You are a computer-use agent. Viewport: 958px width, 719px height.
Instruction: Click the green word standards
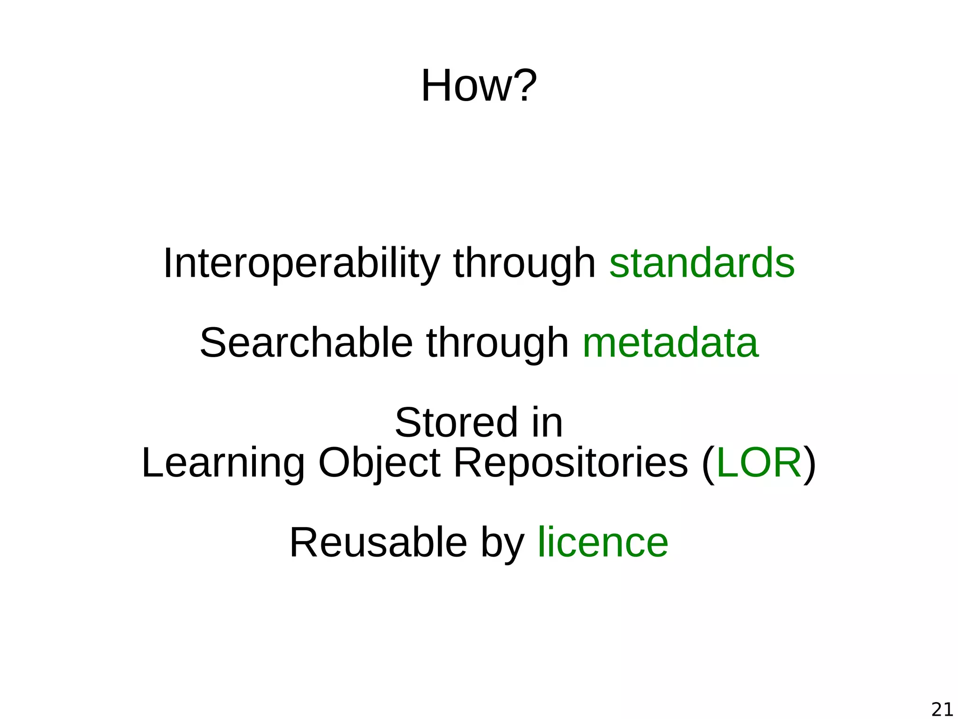702,263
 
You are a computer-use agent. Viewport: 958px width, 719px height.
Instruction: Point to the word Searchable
306,343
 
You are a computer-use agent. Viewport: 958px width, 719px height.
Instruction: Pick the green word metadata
670,343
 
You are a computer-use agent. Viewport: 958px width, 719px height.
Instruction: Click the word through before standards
524,264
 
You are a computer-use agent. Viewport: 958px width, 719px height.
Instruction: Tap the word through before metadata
497,344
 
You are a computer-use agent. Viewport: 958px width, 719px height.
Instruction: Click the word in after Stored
547,423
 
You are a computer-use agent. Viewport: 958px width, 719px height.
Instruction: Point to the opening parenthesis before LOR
708,464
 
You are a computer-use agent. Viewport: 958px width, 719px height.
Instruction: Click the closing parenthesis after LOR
810,464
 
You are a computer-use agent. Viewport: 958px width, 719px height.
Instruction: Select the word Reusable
378,543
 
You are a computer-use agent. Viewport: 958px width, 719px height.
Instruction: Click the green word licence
603,543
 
